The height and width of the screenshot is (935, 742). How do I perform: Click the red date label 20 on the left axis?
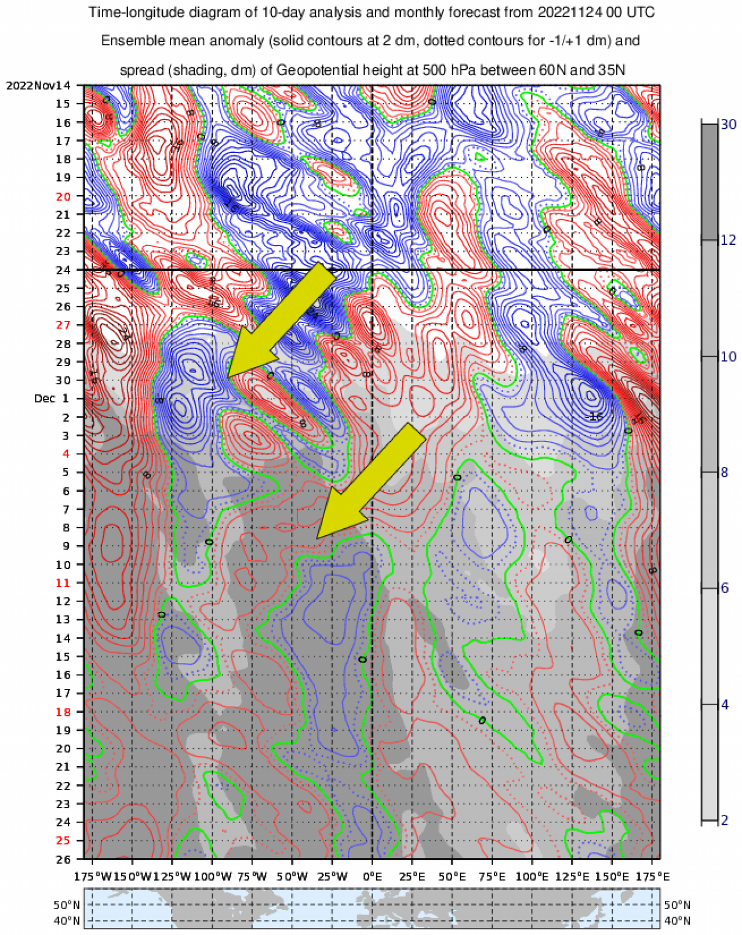[63, 197]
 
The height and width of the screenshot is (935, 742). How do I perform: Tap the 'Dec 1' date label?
[52, 398]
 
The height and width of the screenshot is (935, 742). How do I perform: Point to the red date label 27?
[63, 325]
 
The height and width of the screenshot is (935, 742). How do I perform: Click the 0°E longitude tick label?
[372, 876]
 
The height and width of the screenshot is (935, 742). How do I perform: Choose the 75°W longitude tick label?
[252, 876]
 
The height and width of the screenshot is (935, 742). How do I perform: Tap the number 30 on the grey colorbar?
[728, 124]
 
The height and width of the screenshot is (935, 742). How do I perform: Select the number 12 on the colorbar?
[728, 240]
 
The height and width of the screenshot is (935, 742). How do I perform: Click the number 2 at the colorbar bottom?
[725, 821]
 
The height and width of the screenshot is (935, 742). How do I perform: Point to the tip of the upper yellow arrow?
[228, 377]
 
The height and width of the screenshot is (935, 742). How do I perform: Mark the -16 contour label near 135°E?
[594, 417]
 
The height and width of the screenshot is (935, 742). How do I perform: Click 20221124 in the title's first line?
[570, 12]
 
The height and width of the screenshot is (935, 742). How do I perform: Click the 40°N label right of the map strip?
[677, 921]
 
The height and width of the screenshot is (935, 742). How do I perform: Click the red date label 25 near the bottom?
[63, 840]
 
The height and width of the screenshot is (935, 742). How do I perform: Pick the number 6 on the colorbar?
[725, 588]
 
